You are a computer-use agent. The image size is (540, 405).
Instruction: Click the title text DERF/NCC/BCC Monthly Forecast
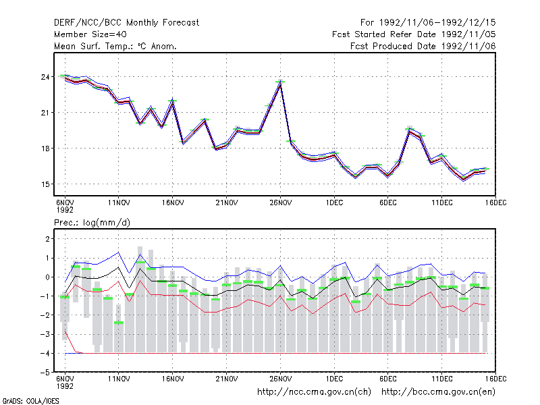point(126,23)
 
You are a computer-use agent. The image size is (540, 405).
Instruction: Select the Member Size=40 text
point(90,34)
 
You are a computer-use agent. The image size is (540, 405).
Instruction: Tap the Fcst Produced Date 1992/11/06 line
point(423,46)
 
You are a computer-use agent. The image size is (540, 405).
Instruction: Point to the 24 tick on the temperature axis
point(45,77)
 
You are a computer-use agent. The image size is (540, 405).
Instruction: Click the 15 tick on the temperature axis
point(45,184)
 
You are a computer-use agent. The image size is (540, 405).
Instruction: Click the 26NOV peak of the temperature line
point(280,82)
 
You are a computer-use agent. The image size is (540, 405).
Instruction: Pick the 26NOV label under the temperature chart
point(280,203)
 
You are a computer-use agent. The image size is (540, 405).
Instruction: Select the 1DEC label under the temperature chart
point(334,203)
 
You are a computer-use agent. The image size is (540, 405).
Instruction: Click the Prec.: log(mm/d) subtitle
point(92,223)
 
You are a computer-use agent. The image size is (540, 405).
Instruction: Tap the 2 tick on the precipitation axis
point(47,239)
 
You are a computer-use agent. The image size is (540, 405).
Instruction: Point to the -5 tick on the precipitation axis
point(45,373)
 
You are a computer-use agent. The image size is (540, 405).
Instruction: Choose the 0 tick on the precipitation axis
point(47,277)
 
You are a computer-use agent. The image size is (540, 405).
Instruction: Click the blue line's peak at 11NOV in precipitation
point(119,252)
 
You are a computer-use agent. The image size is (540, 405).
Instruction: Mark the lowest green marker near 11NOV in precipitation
point(119,323)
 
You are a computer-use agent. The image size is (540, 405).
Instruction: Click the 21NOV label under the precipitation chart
point(227,379)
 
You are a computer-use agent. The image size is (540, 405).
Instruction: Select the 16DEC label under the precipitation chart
point(496,379)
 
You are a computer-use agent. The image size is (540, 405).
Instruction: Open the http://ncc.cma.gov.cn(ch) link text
point(314,392)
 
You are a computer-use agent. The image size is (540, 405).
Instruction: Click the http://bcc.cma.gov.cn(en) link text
point(438,392)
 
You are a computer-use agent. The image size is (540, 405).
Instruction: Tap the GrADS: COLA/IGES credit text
point(30,401)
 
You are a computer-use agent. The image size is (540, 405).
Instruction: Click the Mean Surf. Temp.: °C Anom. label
point(115,46)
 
